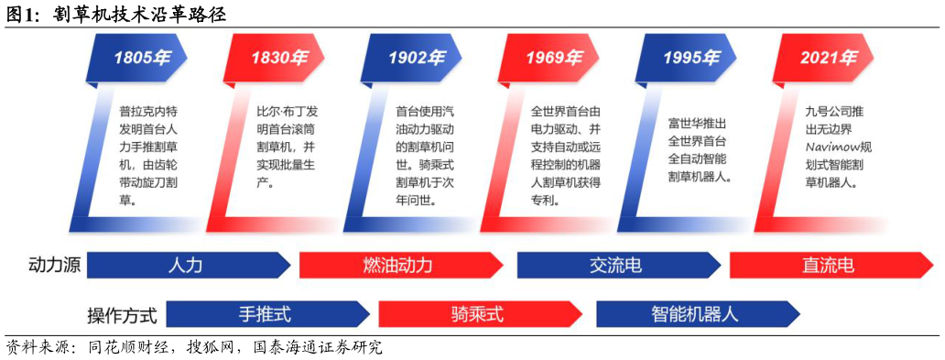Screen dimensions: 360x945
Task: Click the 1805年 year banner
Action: [x=140, y=58]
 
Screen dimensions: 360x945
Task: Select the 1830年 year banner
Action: [x=278, y=58]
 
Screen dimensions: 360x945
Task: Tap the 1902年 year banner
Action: [x=415, y=58]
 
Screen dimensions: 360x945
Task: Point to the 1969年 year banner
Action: [x=552, y=58]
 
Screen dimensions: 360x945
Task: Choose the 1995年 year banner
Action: [x=690, y=58]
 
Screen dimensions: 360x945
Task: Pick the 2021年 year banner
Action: [x=827, y=58]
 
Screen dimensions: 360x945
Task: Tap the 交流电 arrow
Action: [x=616, y=266]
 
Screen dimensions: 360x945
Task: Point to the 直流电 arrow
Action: [x=829, y=266]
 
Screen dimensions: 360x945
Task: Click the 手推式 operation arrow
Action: [x=266, y=314]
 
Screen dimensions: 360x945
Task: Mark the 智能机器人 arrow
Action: [x=695, y=314]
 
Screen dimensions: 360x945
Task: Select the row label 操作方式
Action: [x=122, y=316]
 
